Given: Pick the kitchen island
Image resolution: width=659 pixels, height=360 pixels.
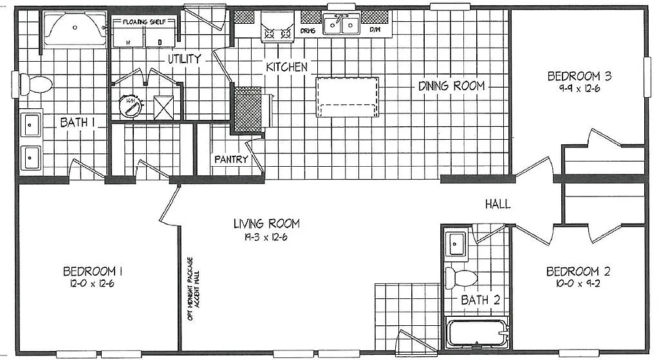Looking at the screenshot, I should tap(347, 97).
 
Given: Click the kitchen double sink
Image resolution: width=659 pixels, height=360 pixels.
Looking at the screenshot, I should tap(342, 25).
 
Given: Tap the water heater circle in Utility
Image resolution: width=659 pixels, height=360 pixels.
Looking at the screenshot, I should tap(130, 106).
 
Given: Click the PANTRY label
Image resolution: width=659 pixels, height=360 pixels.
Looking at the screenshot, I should tap(231, 159).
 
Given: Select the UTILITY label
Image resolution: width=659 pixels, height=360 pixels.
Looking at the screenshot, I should tap(185, 59).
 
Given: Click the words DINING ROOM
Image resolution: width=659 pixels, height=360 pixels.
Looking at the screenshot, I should tap(451, 86).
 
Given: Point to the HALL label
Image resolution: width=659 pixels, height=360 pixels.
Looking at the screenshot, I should tap(498, 204).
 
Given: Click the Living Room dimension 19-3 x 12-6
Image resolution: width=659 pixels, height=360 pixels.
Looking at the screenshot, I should tap(266, 236).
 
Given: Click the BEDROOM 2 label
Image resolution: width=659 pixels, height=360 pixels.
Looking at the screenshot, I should tap(577, 271).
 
